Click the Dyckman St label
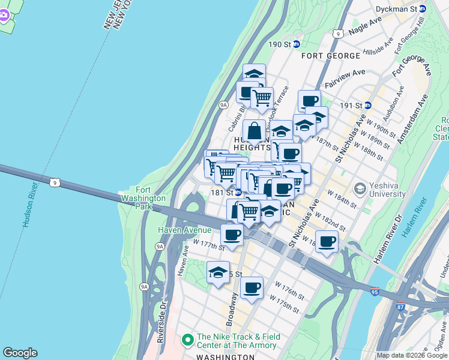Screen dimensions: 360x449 [396, 9]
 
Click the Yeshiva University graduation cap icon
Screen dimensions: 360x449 [360, 189]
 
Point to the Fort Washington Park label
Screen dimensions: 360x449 [142, 197]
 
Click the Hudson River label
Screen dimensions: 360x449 [29, 205]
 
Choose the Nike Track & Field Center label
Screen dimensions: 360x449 [237, 341]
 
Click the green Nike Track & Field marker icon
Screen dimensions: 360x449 [188, 340]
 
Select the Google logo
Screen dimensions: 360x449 [20, 353]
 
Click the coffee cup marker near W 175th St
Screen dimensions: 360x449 [252, 287]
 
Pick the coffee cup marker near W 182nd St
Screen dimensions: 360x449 [327, 242]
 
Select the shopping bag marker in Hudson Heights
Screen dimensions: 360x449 [255, 130]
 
